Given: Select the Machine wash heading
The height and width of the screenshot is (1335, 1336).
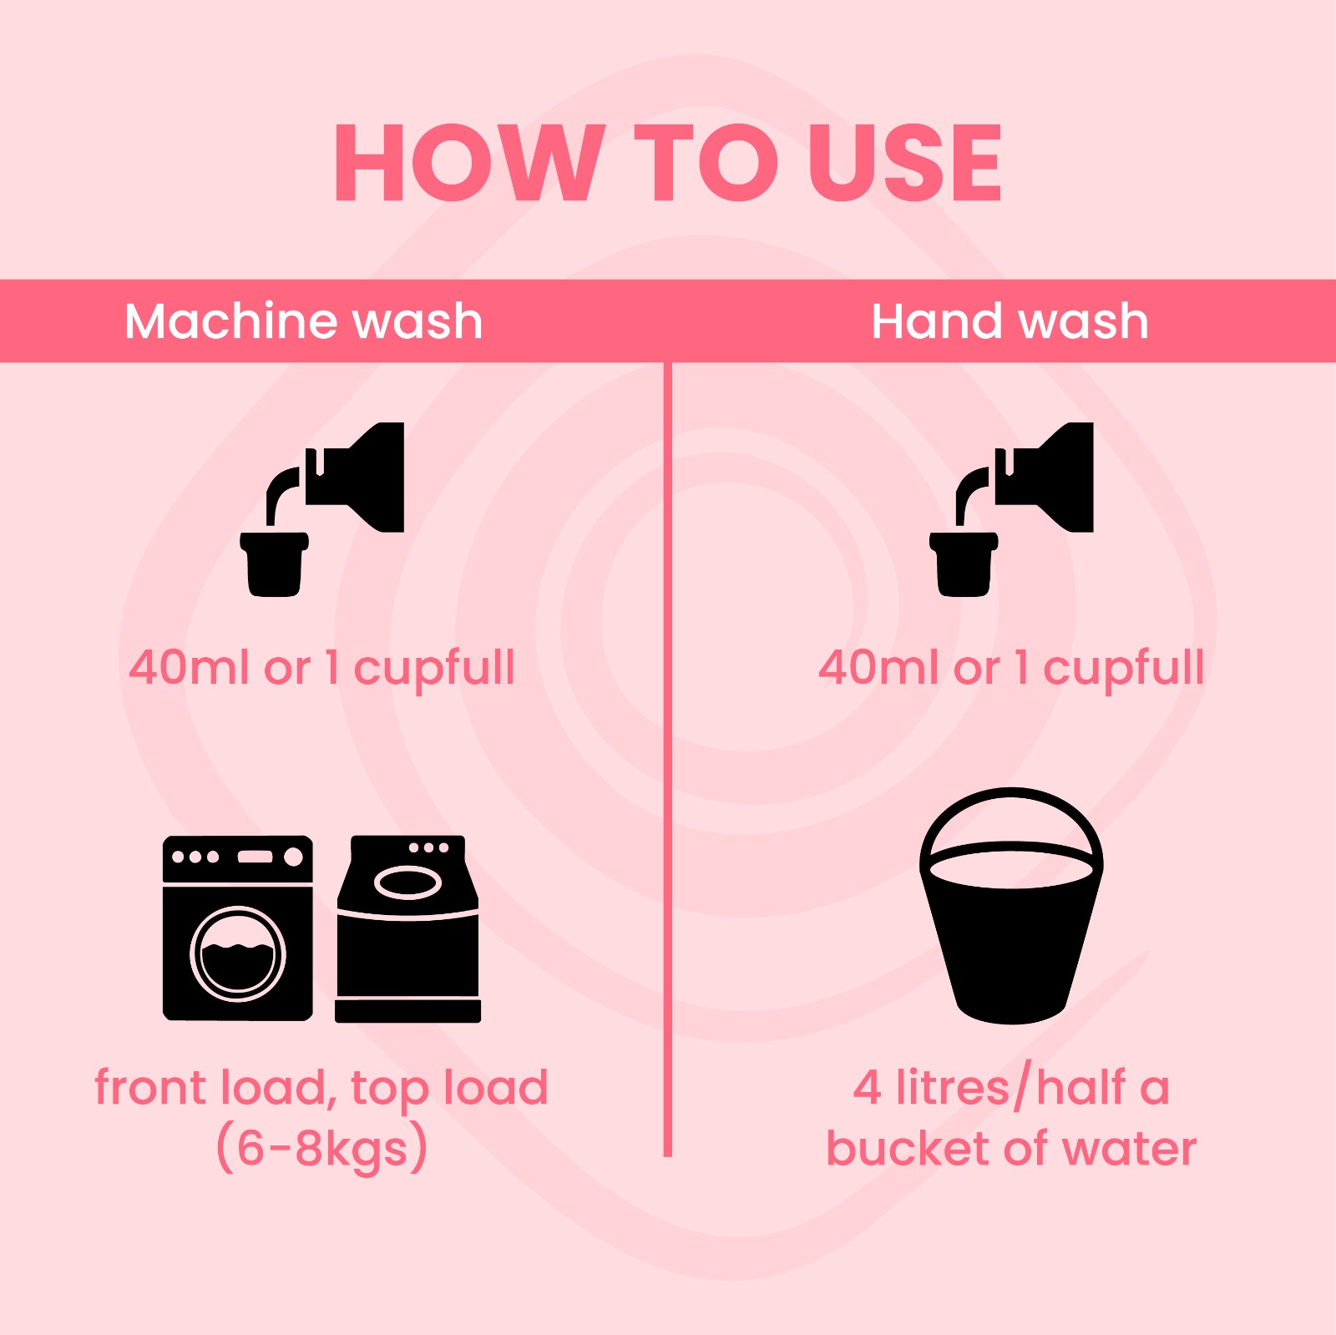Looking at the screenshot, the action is [304, 321].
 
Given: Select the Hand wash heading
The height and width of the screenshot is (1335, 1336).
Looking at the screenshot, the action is [1010, 321].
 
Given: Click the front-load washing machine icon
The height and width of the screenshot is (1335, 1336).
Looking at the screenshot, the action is [238, 928].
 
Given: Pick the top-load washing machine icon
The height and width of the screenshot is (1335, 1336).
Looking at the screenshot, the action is [408, 928].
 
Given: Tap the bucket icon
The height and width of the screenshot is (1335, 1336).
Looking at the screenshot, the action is [1011, 906].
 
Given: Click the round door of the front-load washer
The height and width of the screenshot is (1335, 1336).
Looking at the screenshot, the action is [238, 953].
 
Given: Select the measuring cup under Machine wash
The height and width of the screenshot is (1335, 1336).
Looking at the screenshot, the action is [274, 564].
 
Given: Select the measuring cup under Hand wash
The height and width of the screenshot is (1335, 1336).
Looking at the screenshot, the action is [964, 564].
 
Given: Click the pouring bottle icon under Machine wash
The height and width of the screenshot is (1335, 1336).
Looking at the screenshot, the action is [354, 477].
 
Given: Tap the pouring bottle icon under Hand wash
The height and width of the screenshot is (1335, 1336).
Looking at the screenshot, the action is [1044, 477].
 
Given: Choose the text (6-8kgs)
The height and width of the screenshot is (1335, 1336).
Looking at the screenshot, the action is [322, 1148].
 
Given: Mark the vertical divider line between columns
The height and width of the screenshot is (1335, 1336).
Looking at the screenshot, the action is [668, 759].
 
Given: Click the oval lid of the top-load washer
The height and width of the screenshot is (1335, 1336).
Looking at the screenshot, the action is [407, 882].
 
